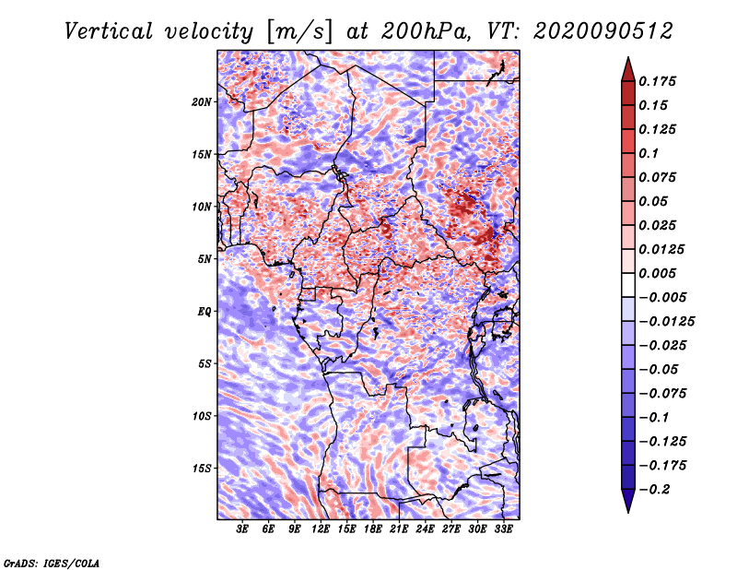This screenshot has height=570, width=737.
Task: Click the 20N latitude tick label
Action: (x=202, y=102)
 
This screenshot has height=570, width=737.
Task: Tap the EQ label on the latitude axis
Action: (x=204, y=312)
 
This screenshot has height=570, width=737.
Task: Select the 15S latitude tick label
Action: (x=202, y=469)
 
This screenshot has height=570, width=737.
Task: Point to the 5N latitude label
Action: (x=205, y=259)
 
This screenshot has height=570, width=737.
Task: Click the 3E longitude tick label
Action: (x=242, y=529)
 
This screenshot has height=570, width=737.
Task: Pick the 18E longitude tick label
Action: (x=373, y=529)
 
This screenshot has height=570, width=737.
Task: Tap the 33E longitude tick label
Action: (x=503, y=529)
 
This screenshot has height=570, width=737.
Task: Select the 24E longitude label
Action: (x=425, y=529)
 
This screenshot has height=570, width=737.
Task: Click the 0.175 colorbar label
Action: (x=657, y=81)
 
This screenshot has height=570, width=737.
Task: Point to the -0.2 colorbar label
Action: (x=654, y=490)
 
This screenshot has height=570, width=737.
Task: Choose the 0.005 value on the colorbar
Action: (x=657, y=273)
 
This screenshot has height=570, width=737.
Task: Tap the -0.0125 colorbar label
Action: (x=666, y=322)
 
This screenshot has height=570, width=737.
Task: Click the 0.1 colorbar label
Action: (x=649, y=153)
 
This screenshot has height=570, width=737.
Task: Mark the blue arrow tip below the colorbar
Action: (x=628, y=512)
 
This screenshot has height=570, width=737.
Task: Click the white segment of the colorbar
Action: (x=628, y=285)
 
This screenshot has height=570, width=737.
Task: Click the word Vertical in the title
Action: (x=109, y=31)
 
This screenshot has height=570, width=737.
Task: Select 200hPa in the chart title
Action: (x=426, y=31)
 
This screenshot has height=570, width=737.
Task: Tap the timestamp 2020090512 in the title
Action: (x=602, y=31)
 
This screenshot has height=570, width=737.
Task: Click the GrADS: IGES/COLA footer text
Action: (x=52, y=563)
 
